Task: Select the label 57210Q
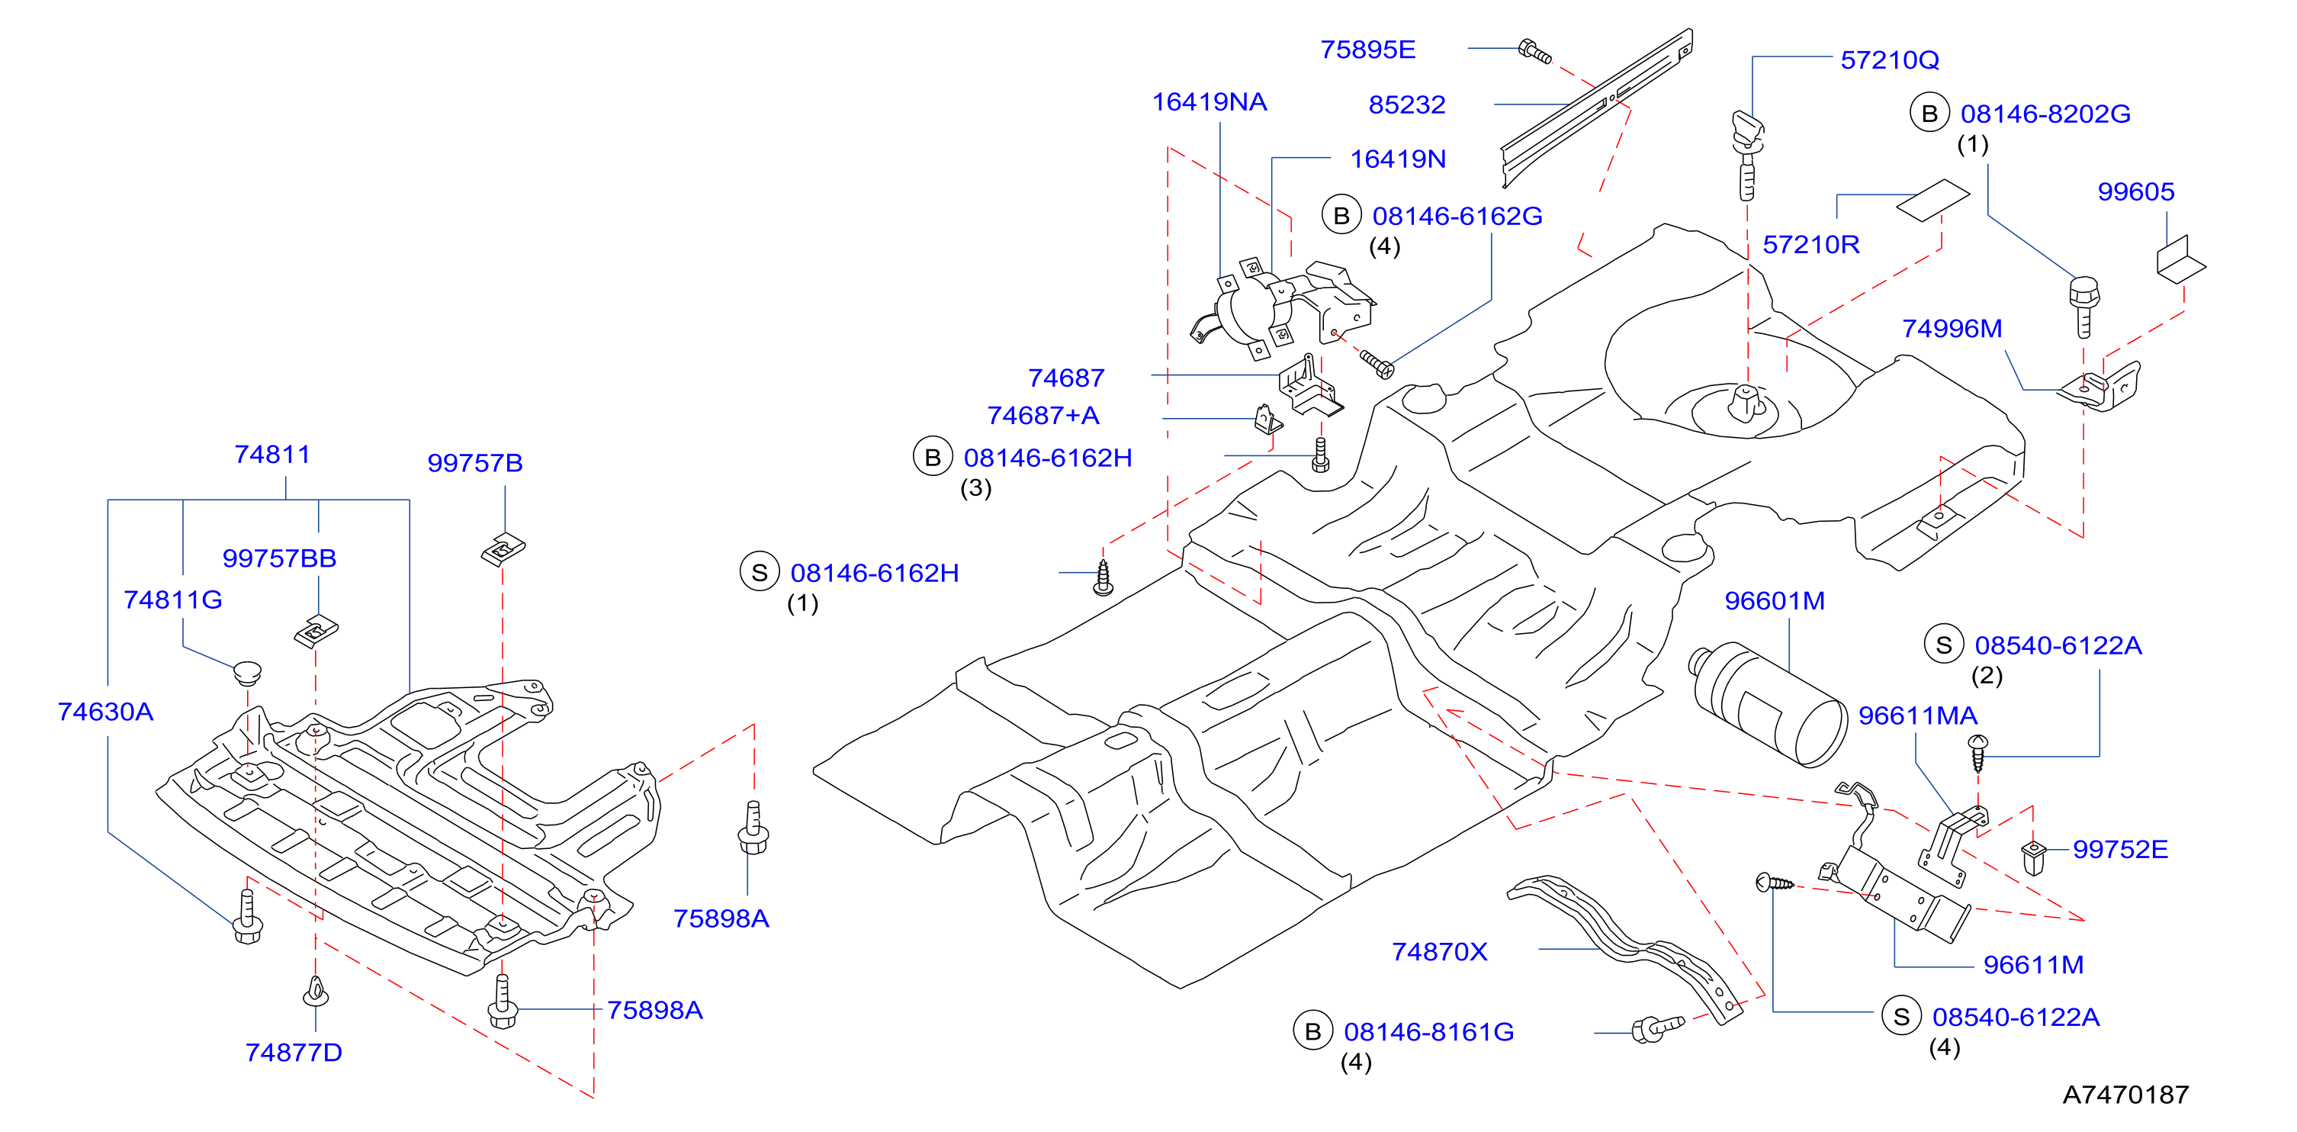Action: [x=1890, y=59]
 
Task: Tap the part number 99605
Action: [x=2135, y=191]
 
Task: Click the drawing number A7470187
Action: [x=2125, y=1095]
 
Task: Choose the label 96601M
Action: [x=1775, y=601]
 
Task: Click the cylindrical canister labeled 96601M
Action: [x=1769, y=704]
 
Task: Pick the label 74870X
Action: [x=1439, y=952]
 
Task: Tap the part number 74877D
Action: [x=294, y=1053]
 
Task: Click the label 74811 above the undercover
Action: [x=272, y=455]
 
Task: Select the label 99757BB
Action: [x=279, y=558]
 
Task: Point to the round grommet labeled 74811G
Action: [x=247, y=672]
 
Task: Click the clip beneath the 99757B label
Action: [x=503, y=548]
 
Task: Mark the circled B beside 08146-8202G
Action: [x=1929, y=114]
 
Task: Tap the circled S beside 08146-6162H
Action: [x=760, y=573]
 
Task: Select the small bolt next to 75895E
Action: [x=1534, y=52]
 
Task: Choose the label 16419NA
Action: [x=1210, y=102]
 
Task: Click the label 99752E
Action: [x=2119, y=849]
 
